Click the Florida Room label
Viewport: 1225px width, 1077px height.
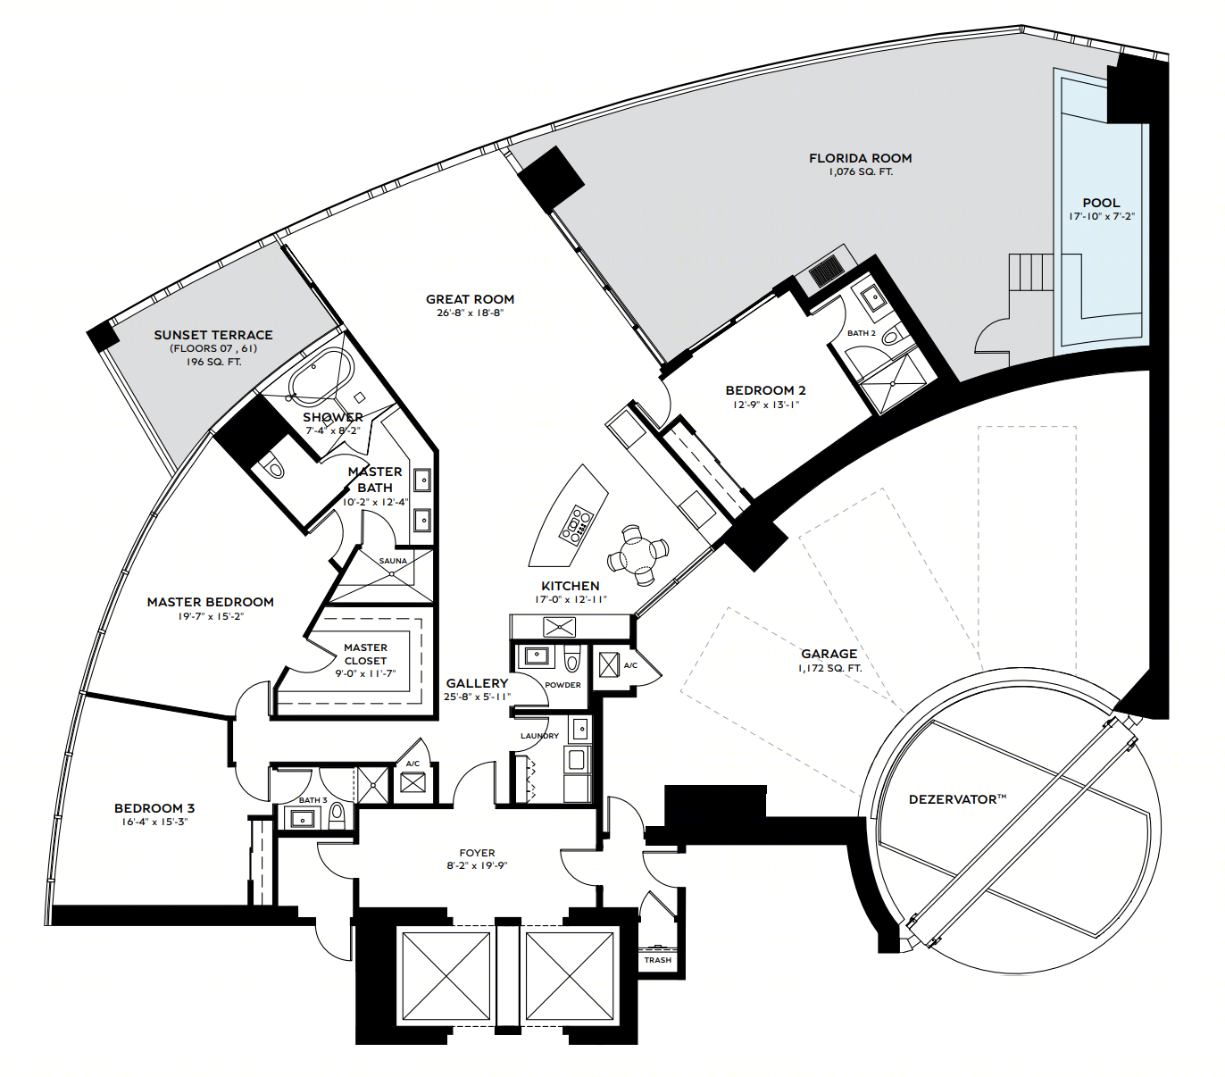pos(860,158)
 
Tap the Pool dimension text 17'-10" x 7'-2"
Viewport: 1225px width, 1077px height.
pos(1101,216)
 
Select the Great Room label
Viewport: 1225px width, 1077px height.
pos(470,299)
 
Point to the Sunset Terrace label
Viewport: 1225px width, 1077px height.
pos(213,334)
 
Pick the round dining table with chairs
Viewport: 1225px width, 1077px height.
pos(637,555)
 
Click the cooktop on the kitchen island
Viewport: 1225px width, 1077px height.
pos(576,522)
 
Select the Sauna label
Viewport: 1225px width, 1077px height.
pos(393,561)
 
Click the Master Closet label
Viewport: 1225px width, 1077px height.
pos(365,654)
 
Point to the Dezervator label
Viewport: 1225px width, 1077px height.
pos(957,799)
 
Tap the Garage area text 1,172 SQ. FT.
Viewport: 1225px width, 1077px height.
pos(829,668)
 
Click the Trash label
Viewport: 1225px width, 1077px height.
pos(658,960)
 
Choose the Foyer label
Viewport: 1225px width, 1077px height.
pos(477,853)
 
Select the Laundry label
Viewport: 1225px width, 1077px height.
pos(540,736)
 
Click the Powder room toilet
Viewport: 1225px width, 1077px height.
pos(571,658)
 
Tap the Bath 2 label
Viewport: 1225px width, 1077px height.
pos(862,333)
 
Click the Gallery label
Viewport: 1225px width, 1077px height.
pos(477,683)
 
